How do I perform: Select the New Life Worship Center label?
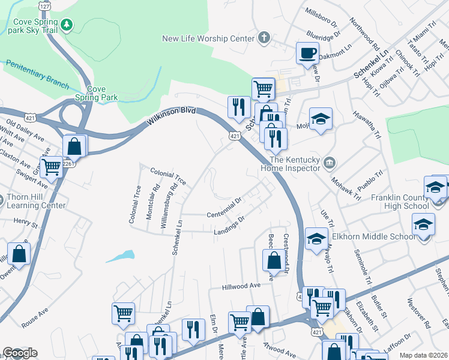click(208, 38)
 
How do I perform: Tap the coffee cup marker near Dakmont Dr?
click(307, 53)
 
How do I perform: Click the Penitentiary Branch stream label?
click(37, 72)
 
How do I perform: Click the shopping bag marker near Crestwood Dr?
click(274, 260)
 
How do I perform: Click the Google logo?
click(20, 353)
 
